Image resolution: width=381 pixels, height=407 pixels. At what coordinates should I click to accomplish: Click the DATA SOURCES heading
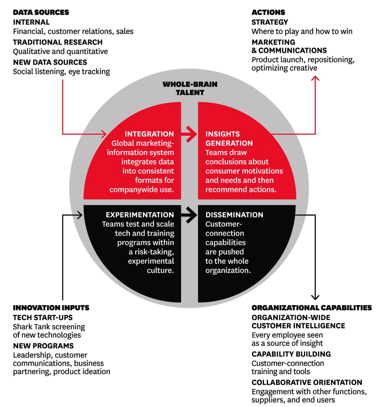tap(41, 12)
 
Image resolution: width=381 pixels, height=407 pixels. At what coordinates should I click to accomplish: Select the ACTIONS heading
tap(268, 12)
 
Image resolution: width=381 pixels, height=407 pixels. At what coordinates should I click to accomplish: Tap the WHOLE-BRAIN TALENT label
tap(190, 88)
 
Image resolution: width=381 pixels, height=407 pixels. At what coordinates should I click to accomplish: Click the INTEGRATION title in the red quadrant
tap(149, 134)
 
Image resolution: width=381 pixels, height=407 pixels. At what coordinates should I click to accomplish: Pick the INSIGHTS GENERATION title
tap(229, 139)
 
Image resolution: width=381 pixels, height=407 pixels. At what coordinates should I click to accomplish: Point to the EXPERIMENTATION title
tap(140, 215)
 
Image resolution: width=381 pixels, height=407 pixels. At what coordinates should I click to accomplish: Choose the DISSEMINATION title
tap(234, 215)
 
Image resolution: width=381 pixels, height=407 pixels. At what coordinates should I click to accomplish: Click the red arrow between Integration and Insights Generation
tap(189, 134)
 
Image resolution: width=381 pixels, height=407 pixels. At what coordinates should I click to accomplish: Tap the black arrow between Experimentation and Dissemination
tap(189, 215)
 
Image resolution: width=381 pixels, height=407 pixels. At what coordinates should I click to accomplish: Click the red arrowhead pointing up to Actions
tap(315, 78)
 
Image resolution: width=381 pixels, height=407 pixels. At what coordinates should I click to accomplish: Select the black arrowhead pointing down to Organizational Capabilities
tap(315, 297)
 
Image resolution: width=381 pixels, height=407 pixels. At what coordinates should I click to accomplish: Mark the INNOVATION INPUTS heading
tap(51, 307)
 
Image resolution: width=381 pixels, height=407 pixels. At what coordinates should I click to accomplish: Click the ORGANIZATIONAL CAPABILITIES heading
tap(312, 307)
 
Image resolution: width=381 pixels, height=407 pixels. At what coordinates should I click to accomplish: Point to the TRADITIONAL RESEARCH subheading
tap(58, 42)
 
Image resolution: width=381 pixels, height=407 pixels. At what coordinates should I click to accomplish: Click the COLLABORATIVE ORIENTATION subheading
tap(307, 382)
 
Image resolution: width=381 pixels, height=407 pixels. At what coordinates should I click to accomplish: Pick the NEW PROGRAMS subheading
tap(43, 346)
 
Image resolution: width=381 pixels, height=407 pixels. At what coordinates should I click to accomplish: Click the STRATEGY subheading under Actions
tap(270, 22)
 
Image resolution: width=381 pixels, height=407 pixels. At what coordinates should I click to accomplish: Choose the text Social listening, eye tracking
tap(61, 72)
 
